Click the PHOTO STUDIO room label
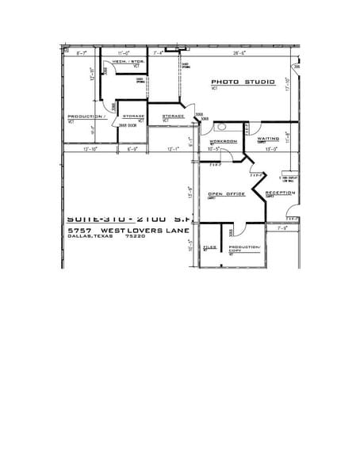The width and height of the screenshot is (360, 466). pyautogui.click(x=243, y=82)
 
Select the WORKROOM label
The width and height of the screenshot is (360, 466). pyautogui.click(x=223, y=141)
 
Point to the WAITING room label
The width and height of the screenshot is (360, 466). pyautogui.click(x=268, y=139)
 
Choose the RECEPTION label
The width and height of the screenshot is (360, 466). pyautogui.click(x=280, y=193)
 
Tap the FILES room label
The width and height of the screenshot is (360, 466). pyautogui.click(x=209, y=248)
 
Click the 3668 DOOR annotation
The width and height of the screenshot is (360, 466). pyautogui.click(x=128, y=125)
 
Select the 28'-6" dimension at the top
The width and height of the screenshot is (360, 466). pyautogui.click(x=239, y=53)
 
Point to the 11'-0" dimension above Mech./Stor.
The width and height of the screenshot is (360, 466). pyautogui.click(x=123, y=53)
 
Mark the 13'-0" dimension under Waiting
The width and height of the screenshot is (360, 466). pyautogui.click(x=270, y=148)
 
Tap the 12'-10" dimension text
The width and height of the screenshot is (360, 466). pyautogui.click(x=79, y=148)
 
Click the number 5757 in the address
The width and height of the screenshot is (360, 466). pyautogui.click(x=81, y=230)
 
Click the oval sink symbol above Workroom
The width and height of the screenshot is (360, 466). pyautogui.click(x=222, y=127)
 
